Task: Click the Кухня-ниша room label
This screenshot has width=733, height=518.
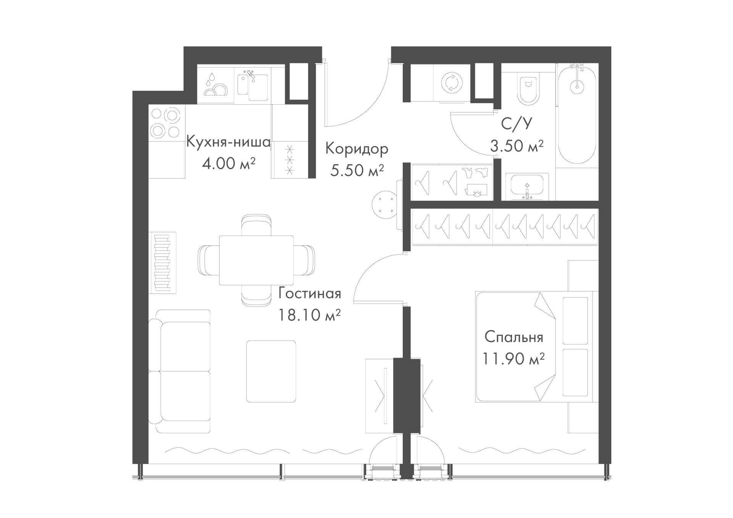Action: point(228,142)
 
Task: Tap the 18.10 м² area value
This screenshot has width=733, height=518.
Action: point(309,315)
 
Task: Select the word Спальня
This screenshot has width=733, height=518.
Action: point(514,337)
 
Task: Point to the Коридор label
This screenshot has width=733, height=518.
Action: point(357,149)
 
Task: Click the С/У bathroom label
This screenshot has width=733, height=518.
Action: point(517,124)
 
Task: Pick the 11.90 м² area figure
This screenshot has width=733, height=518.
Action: point(513,359)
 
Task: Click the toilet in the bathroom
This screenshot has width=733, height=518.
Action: point(528,88)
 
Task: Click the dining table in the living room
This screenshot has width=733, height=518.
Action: point(256,260)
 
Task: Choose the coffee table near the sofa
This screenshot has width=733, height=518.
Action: point(271,371)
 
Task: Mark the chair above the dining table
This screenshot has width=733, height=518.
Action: point(257,224)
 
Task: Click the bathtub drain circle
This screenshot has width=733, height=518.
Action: point(577,87)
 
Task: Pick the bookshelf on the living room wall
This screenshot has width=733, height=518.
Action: point(162,263)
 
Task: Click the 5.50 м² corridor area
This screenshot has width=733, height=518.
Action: point(357,170)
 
